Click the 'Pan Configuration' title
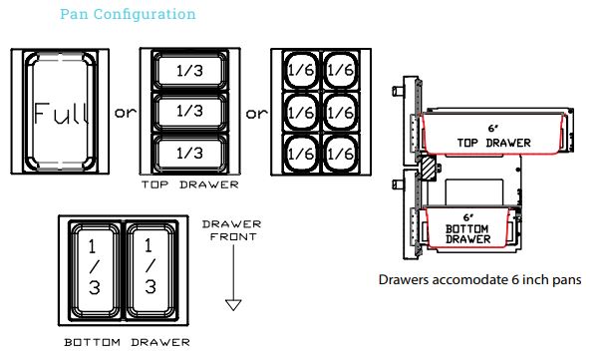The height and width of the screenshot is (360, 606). point(128,14)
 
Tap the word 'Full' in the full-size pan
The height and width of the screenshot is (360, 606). point(61,114)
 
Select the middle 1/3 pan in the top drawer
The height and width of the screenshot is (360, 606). point(189,112)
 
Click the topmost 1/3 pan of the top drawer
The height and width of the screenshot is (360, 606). point(189,71)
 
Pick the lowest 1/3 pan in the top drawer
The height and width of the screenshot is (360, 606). point(189,154)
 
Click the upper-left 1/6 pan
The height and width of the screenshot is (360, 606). point(301,70)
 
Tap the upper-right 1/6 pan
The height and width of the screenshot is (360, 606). point(340,70)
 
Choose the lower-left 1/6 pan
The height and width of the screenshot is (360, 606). point(301,154)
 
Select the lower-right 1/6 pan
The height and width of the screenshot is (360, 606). point(340,154)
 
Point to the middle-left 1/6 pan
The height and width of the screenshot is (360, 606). point(301,112)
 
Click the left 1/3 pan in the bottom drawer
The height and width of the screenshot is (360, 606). point(95,270)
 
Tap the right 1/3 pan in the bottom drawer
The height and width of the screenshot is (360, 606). point(151,270)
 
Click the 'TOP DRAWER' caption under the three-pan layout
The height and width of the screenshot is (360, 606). point(189,184)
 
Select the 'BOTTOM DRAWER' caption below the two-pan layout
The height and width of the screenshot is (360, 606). point(127,342)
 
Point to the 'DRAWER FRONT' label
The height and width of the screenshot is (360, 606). point(232,230)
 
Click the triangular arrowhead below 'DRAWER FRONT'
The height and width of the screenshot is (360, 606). point(233,304)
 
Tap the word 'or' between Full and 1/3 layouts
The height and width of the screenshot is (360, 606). point(126,113)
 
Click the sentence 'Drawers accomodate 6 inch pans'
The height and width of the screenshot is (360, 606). point(479,279)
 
